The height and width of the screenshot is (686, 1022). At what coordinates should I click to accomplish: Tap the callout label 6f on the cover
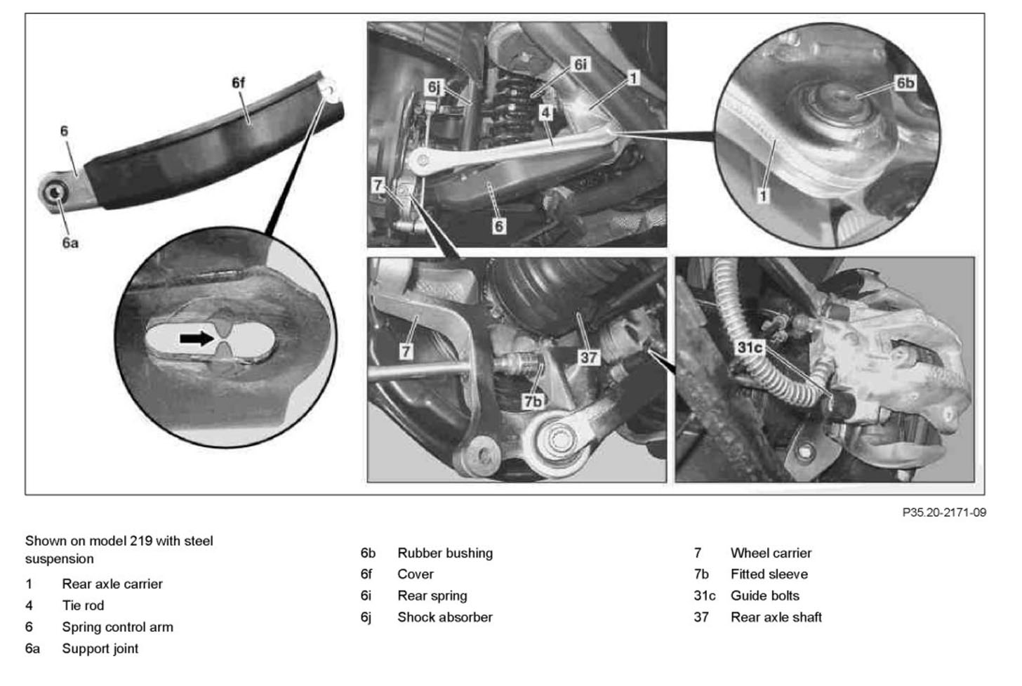[x=239, y=83]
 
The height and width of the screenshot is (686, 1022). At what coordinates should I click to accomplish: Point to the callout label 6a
[x=69, y=243]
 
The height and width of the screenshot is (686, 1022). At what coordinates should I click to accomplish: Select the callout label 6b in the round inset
[x=905, y=83]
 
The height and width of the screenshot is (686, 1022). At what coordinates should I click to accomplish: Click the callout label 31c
[x=750, y=347]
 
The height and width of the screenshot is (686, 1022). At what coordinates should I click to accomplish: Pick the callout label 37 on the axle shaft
[x=588, y=357]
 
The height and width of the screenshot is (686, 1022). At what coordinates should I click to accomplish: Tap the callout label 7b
[x=533, y=401]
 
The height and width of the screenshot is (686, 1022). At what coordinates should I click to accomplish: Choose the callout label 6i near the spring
[x=580, y=65]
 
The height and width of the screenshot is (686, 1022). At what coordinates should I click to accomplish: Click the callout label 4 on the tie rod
[x=546, y=112]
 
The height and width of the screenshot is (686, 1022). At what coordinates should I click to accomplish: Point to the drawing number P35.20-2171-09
[x=944, y=513]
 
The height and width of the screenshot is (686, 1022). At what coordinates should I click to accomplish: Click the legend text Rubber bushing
[x=445, y=553]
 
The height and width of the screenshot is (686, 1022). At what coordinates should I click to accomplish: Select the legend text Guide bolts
[x=765, y=596]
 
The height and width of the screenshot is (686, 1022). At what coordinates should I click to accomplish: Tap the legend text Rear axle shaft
[x=776, y=617]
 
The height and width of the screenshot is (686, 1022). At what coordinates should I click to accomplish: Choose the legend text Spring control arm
[x=117, y=627]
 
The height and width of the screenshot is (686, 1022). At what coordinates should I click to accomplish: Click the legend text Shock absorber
[x=445, y=617]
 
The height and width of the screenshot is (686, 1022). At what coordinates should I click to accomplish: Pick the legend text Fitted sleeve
[x=769, y=574]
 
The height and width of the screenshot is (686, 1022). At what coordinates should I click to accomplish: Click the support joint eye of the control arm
[x=55, y=192]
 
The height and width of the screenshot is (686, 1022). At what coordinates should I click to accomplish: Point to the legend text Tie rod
[x=83, y=605]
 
